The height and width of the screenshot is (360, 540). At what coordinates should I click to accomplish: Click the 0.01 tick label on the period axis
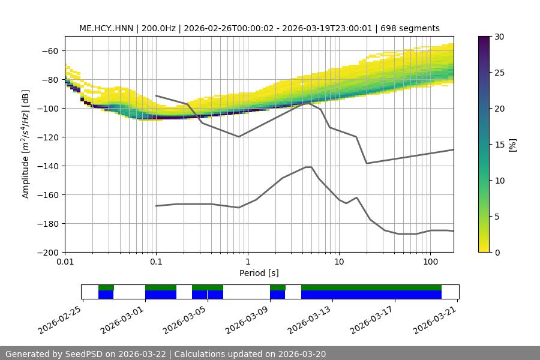(x=65, y=262)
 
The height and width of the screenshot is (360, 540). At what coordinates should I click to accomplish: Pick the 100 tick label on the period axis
(x=430, y=262)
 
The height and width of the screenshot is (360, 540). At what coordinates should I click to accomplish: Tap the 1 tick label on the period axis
(x=247, y=262)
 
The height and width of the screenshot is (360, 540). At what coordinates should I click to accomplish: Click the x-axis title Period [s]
(x=259, y=274)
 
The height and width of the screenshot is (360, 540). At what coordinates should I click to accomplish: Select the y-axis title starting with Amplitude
(x=26, y=145)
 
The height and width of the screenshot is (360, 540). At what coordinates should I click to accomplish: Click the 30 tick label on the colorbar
(x=499, y=37)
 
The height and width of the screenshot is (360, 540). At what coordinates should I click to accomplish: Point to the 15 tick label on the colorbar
(x=499, y=145)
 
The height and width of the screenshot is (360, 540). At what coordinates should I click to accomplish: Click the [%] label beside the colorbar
(x=512, y=145)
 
